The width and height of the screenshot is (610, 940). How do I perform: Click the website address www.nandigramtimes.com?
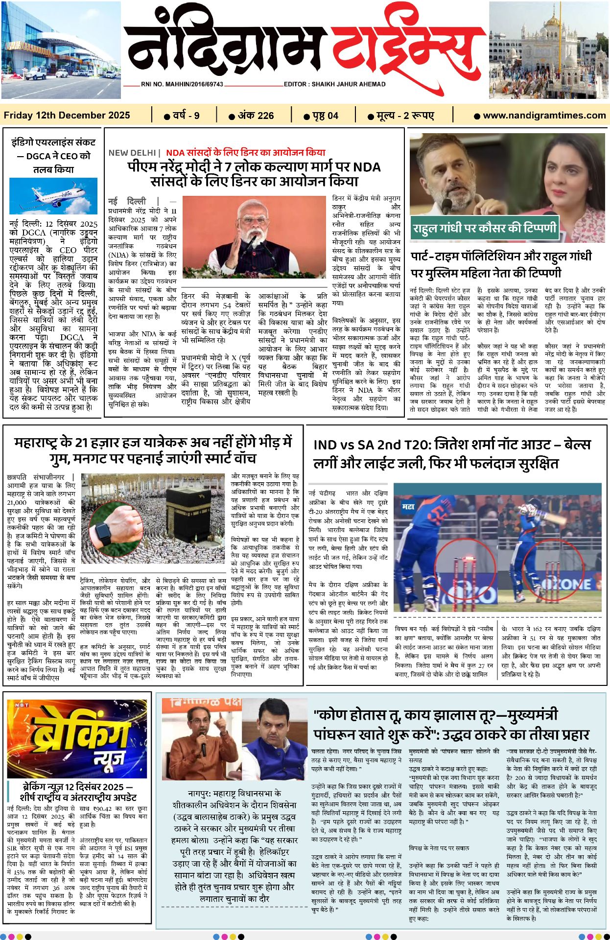[x=544, y=116]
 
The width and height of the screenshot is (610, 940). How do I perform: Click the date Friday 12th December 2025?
[x=67, y=116]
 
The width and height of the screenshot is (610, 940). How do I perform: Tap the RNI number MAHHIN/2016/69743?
[x=182, y=84]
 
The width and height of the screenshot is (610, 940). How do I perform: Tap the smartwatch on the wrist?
[x=104, y=533]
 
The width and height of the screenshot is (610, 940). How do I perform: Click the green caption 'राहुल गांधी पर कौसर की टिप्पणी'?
[x=484, y=229]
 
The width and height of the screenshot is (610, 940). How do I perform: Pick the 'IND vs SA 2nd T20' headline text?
[x=372, y=445]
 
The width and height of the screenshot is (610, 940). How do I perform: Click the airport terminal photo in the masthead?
[x=60, y=50]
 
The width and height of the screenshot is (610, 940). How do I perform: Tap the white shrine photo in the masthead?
[x=548, y=50]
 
